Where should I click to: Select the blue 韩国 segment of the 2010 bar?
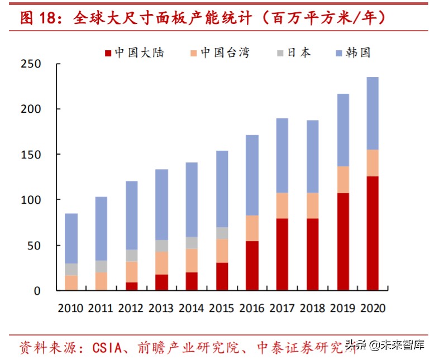(x=71, y=238)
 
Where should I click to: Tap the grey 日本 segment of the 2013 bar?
(x=161, y=246)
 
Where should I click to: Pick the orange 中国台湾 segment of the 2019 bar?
(x=338, y=180)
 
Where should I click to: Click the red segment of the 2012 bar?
(x=131, y=286)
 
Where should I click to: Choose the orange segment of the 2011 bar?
(x=101, y=281)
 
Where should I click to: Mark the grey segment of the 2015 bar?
(x=222, y=233)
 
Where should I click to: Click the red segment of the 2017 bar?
(x=282, y=254)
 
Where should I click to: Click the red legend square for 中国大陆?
(x=108, y=53)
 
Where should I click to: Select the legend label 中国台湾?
(x=225, y=53)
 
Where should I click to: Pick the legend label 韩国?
(x=358, y=53)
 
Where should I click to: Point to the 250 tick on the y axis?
(x=33, y=64)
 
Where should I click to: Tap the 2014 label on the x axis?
(x=192, y=308)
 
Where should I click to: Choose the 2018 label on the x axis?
(x=312, y=308)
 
